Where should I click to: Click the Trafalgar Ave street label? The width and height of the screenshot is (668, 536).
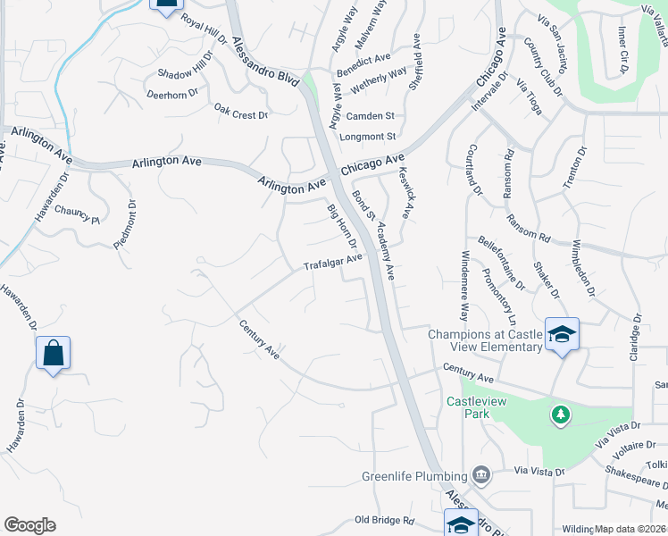point(333,262)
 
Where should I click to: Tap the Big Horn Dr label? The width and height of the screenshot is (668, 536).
point(341,227)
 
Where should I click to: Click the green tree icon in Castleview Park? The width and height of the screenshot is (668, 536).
point(560,415)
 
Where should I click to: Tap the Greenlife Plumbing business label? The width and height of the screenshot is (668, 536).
point(415,475)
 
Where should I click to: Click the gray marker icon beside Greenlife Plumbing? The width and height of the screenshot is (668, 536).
point(482,474)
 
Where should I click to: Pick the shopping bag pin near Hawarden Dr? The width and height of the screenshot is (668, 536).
point(53,353)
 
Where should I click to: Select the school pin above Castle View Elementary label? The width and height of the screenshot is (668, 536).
point(562,335)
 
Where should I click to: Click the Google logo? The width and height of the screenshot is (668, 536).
point(29,525)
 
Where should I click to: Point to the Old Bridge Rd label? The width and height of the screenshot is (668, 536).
point(385,520)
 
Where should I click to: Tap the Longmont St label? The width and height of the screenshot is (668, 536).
point(368,137)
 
